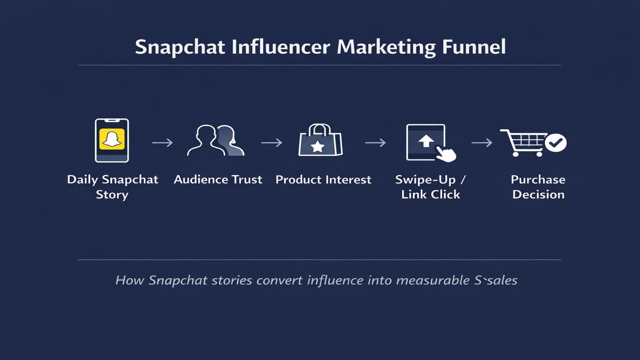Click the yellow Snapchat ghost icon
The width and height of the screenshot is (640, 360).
click(111, 140)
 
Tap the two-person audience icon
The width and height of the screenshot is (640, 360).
click(216, 141)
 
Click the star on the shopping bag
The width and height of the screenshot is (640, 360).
click(318, 147)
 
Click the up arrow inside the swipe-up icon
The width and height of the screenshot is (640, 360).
click(426, 141)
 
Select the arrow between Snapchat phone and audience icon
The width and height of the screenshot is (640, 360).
click(162, 143)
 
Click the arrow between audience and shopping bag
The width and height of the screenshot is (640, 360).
click(271, 143)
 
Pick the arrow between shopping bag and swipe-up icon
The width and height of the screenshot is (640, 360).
click(375, 143)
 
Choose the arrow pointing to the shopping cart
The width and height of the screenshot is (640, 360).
click(482, 143)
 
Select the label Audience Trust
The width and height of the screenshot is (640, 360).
click(218, 180)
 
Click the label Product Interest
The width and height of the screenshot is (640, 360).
click(323, 180)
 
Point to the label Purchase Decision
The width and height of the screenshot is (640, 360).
click(538, 187)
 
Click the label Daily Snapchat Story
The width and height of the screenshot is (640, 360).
click(113, 187)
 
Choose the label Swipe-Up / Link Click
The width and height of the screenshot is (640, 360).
click(430, 187)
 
